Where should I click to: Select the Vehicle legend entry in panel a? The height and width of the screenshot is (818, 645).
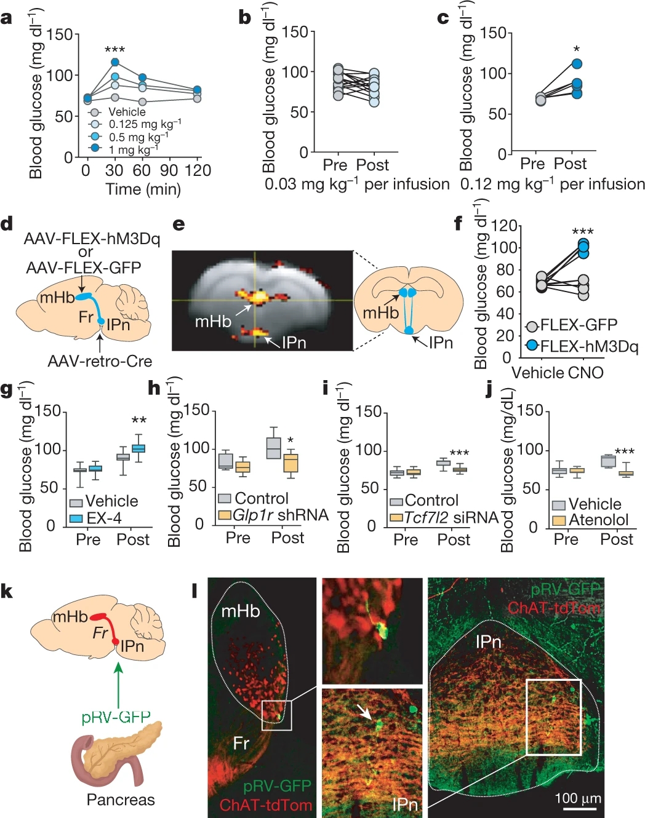[126, 112]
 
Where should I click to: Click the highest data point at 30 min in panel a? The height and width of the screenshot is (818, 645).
[114, 62]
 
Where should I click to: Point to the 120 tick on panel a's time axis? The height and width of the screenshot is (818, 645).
[198, 170]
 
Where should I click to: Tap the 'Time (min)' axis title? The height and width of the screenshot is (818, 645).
[143, 189]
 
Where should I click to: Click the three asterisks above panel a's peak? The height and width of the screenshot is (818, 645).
[114, 50]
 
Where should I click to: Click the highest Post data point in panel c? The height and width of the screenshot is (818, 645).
[577, 64]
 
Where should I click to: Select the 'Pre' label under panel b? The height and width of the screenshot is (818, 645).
[335, 165]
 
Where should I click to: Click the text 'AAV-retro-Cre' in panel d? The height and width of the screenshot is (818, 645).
[100, 361]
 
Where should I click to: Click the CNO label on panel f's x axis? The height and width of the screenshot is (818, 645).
[585, 373]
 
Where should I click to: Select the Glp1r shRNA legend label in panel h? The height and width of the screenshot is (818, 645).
[280, 515]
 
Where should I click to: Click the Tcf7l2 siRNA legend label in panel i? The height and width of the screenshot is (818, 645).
[451, 518]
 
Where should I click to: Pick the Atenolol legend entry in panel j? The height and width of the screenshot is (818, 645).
[598, 520]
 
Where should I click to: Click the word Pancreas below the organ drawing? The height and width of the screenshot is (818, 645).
[121, 800]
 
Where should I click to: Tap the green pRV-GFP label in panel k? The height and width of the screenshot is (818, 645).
[116, 717]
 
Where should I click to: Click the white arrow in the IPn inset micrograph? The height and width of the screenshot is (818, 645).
[366, 712]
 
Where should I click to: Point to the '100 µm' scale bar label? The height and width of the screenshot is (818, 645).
[578, 798]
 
